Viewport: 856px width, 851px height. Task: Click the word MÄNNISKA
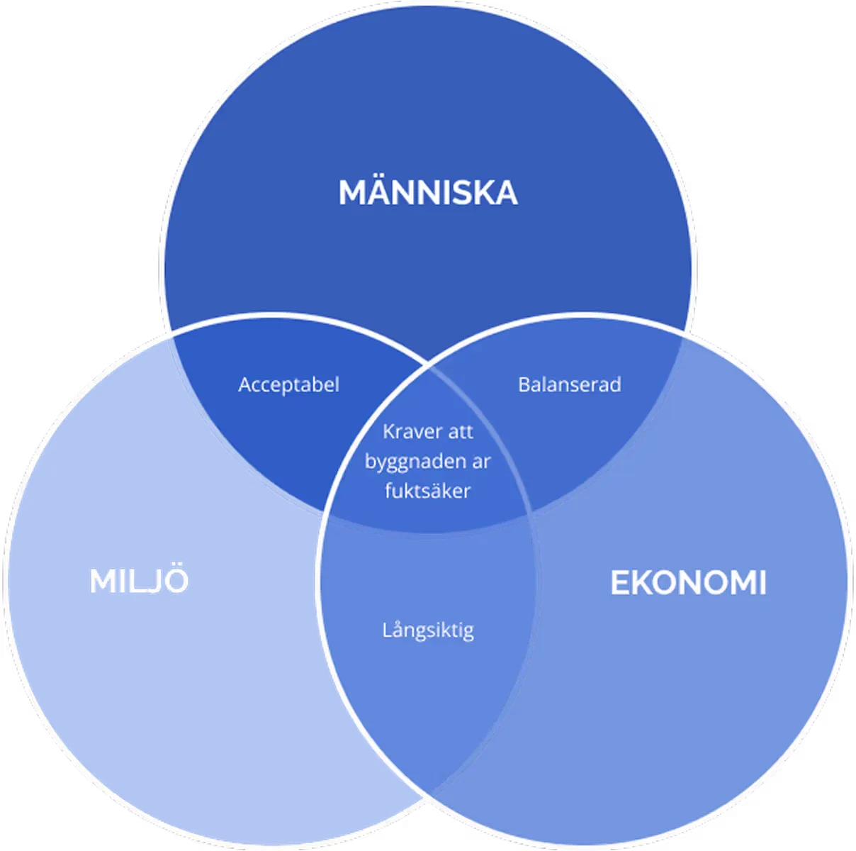428,191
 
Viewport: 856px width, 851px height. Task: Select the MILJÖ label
139,579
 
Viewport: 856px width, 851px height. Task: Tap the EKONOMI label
688,582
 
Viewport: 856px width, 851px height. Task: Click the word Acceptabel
288,384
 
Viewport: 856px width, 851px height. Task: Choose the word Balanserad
570,384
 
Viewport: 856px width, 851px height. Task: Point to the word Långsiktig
428,630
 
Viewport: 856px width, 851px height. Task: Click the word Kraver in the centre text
406,431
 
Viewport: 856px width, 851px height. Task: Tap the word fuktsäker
427,491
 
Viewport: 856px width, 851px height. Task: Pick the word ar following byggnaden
479,462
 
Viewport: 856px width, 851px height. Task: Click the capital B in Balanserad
524,385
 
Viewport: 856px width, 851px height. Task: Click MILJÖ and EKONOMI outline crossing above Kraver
428,365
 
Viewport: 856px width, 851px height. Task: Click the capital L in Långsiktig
388,629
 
